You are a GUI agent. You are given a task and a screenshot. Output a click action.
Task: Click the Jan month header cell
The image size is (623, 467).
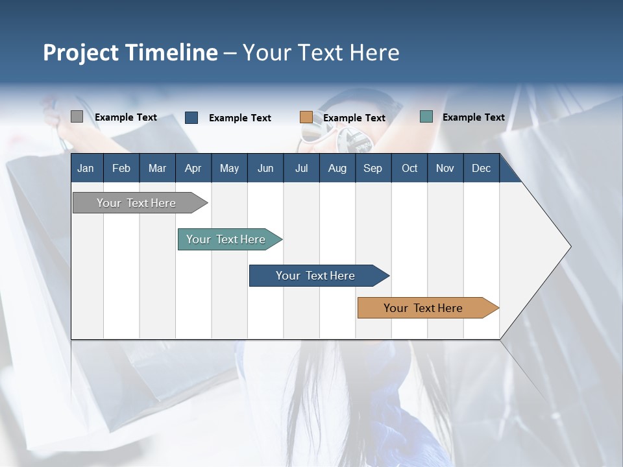pyautogui.click(x=86, y=168)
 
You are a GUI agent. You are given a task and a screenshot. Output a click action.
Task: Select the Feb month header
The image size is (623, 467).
pyautogui.click(x=121, y=168)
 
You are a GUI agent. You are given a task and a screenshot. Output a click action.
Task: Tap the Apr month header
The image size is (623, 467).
pyautogui.click(x=193, y=168)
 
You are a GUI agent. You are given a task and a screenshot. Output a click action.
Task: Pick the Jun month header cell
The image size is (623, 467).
pyautogui.click(x=265, y=168)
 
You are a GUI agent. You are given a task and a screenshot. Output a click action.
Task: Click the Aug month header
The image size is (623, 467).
pyautogui.click(x=337, y=168)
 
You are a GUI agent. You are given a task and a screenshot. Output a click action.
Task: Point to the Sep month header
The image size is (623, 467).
pyautogui.click(x=373, y=168)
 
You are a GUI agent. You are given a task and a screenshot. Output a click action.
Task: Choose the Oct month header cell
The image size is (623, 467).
pyautogui.click(x=409, y=168)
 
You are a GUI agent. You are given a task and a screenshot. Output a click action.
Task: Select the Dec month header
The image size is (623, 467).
pyautogui.click(x=481, y=168)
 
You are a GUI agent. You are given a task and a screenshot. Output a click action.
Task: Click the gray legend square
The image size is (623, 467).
pyautogui.click(x=77, y=117)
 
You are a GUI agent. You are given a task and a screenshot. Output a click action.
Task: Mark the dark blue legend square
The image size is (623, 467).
pyautogui.click(x=191, y=117)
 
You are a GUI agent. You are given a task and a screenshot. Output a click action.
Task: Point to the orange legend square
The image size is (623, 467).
pyautogui.click(x=306, y=117)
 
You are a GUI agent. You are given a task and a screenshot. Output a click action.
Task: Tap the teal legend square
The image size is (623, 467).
pyautogui.click(x=426, y=117)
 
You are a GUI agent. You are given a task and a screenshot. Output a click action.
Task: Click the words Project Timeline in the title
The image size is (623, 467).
pyautogui.click(x=130, y=53)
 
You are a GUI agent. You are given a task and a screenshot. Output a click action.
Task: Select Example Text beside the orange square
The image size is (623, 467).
pyautogui.click(x=354, y=118)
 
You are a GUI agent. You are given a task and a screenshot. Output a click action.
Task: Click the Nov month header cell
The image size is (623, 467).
pyautogui.click(x=445, y=168)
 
